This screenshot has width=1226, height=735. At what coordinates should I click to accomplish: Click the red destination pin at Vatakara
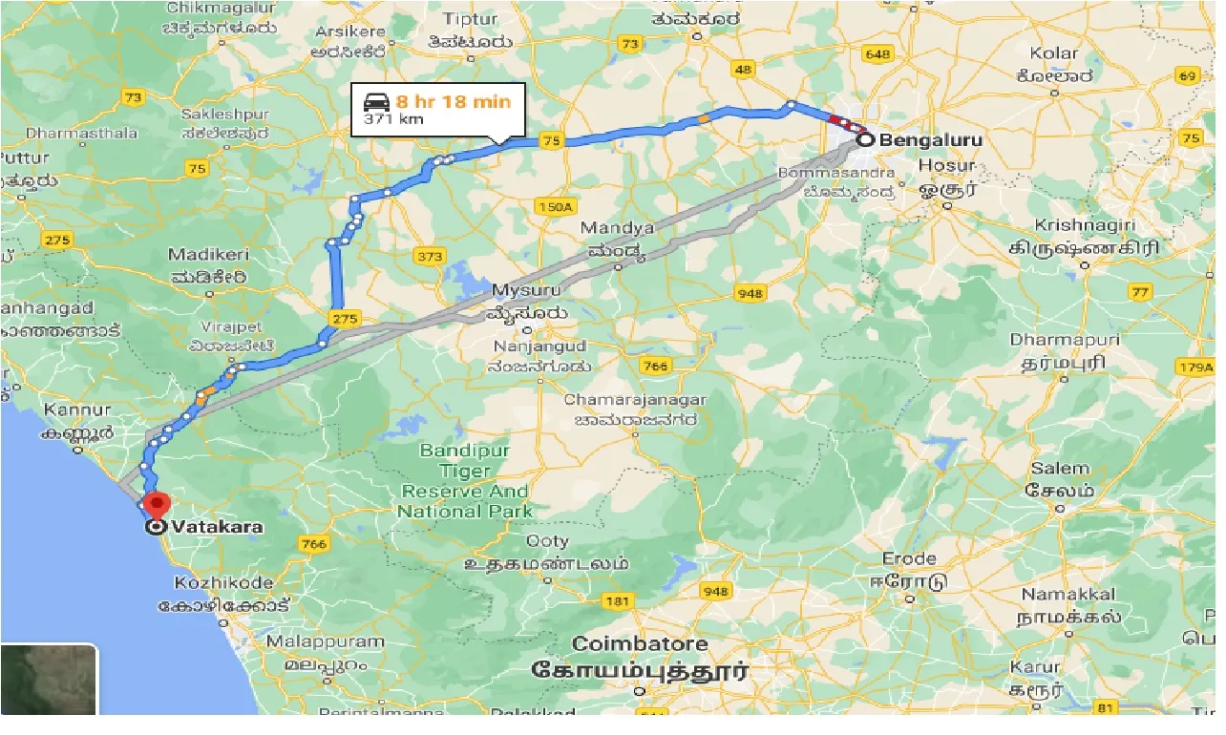[x=155, y=503]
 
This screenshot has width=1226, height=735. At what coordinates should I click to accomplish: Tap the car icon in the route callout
[x=374, y=100]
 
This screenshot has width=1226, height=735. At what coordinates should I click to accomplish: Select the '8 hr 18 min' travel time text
[x=454, y=101]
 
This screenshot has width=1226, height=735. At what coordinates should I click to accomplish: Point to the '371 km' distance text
[x=391, y=120]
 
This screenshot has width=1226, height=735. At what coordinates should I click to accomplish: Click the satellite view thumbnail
[x=49, y=680]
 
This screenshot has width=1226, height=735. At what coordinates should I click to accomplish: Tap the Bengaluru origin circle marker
[x=865, y=140]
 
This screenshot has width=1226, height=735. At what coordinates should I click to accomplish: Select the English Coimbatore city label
[x=640, y=643]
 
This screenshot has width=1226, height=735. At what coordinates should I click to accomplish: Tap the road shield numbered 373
[x=431, y=256]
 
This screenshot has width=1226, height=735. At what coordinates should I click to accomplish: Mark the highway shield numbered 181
[x=618, y=600]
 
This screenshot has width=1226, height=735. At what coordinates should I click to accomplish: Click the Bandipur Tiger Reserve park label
[x=465, y=480]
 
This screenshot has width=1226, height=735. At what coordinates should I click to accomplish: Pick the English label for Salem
[x=1060, y=469]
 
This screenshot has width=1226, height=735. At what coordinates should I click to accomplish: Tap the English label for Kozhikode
[x=223, y=582]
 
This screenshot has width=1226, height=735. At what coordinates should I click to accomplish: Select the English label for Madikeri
[x=208, y=255]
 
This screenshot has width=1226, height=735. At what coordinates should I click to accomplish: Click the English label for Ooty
[x=520, y=541]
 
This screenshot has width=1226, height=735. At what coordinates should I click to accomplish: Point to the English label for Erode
[x=909, y=558]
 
